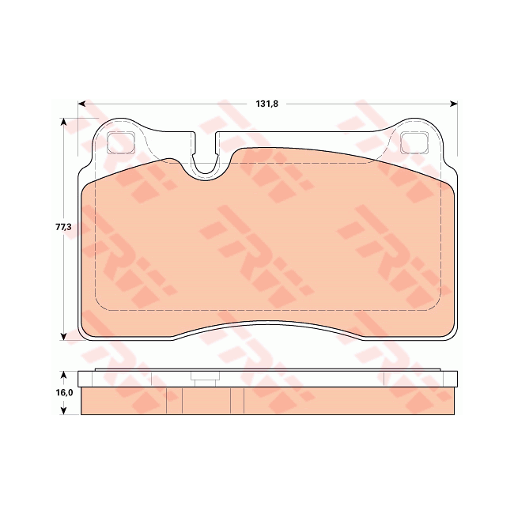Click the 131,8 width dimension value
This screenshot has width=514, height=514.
point(266,103)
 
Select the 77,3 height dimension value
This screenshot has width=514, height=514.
point(63,227)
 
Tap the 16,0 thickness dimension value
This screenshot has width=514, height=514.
point(64,392)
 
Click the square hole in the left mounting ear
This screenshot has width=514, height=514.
point(119,143)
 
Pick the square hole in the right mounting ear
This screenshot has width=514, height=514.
point(414,143)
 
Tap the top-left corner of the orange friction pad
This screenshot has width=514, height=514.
point(85,187)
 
